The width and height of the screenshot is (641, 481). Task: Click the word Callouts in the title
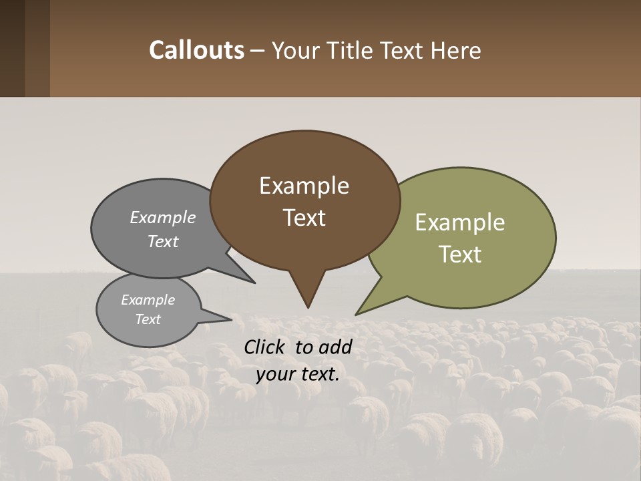[196, 50]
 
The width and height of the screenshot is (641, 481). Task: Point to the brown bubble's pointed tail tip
[308, 307]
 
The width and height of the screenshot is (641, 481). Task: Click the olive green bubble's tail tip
[356, 314]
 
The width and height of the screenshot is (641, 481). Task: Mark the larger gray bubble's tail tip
[254, 283]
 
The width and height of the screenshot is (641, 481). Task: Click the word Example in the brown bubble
[304, 186]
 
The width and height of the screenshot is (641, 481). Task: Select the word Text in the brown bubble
[304, 218]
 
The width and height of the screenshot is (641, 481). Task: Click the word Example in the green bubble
[459, 222]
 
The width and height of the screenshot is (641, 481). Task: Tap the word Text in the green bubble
[461, 255]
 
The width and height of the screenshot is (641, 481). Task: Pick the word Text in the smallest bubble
[148, 319]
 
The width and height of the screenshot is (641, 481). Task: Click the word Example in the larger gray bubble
[162, 217]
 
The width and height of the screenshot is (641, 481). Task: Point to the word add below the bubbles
[336, 347]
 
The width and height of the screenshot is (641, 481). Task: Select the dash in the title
[258, 51]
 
